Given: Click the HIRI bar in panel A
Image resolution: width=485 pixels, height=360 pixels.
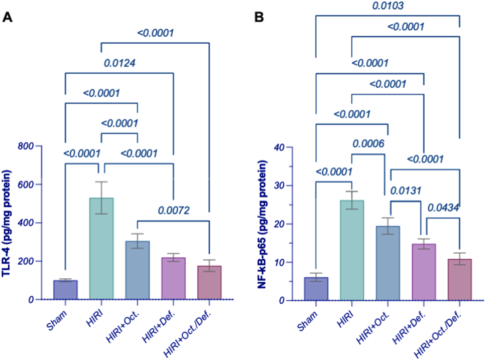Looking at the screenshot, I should pyautogui.click(x=101, y=248).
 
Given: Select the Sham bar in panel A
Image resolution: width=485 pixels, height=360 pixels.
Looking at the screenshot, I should pyautogui.click(x=65, y=290).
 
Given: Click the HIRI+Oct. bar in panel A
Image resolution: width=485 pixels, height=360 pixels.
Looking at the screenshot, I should pyautogui.click(x=137, y=269).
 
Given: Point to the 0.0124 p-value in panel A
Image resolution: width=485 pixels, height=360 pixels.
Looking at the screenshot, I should pyautogui.click(x=120, y=63).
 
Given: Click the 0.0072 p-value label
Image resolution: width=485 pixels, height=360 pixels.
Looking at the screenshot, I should pyautogui.click(x=173, y=210).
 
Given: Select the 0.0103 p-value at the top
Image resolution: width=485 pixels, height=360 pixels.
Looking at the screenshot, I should pyautogui.click(x=388, y=6).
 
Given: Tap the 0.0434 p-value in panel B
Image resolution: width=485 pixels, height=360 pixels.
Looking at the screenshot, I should pyautogui.click(x=443, y=208).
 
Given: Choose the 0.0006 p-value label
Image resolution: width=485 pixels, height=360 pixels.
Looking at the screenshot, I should pyautogui.click(x=368, y=144).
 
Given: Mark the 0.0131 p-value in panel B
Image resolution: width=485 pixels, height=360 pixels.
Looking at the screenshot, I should pyautogui.click(x=405, y=190).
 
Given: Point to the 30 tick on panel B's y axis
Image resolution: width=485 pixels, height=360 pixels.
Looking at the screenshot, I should pyautogui.click(x=278, y=186).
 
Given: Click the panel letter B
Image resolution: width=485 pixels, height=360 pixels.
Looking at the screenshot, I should pyautogui.click(x=259, y=17).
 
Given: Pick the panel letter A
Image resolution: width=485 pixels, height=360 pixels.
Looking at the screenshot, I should pyautogui.click(x=7, y=17).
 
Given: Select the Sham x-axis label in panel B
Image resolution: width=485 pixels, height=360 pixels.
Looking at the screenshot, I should pyautogui.click(x=307, y=321).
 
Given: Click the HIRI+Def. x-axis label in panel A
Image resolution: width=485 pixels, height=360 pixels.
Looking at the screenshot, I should pyautogui.click(x=158, y=326).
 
